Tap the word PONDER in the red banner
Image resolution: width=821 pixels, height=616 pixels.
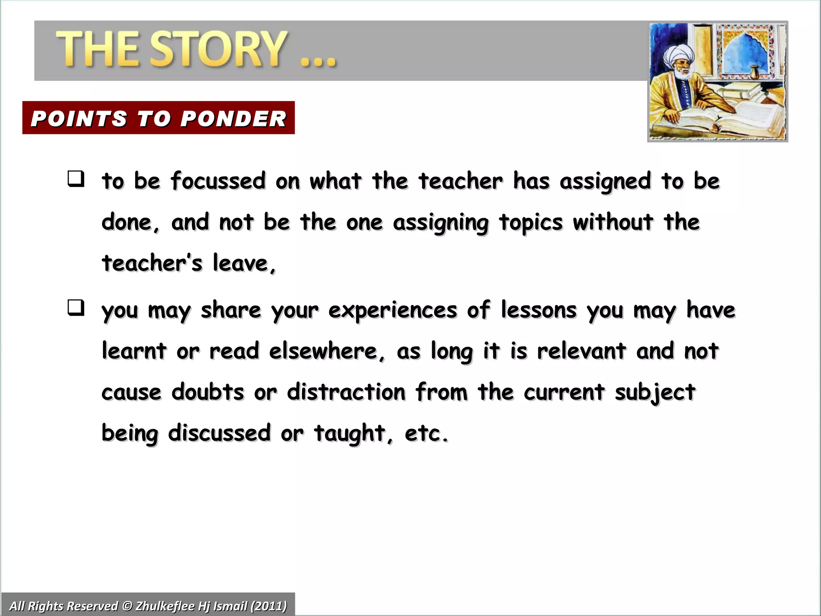tap(233, 119)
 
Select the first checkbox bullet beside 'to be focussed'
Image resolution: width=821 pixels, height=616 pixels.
tap(76, 178)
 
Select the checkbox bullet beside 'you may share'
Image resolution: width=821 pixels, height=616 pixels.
tap(76, 308)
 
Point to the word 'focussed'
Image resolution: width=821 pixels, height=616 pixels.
tap(218, 181)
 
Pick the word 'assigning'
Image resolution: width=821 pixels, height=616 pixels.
tap(441, 223)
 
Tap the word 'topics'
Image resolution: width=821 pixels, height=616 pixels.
tap(531, 223)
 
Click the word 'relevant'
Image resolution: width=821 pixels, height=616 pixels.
tap(581, 351)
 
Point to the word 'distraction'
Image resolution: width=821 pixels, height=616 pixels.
tap(346, 392)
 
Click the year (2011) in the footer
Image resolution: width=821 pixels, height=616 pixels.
tap(269, 606)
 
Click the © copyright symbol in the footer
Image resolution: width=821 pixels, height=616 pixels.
tap(127, 606)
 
